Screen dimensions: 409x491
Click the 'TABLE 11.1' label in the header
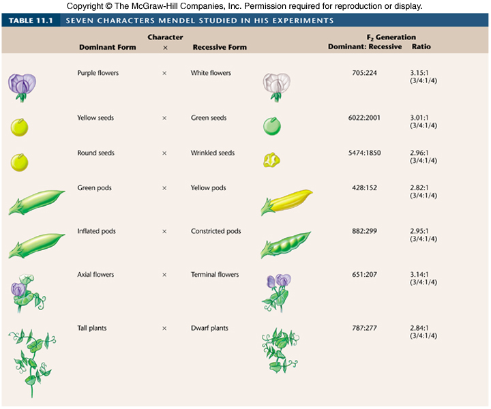tap(31, 20)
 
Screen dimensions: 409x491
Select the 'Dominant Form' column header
tap(107, 48)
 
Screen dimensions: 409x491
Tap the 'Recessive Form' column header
tap(220, 48)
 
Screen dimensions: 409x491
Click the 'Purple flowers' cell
tap(98, 73)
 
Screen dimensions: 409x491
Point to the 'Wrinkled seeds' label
tap(213, 153)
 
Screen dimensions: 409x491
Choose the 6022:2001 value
tap(364, 118)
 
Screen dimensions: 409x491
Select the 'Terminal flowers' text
tap(215, 275)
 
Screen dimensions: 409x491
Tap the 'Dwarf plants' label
tap(209, 328)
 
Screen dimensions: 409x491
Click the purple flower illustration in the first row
tap(22, 86)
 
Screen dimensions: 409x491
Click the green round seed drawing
tap(272, 126)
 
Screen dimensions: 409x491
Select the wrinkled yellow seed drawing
tap(272, 160)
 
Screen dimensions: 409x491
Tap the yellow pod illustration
tap(286, 200)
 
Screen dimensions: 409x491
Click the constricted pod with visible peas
tap(286, 244)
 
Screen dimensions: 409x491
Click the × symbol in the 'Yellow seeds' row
tap(164, 118)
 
